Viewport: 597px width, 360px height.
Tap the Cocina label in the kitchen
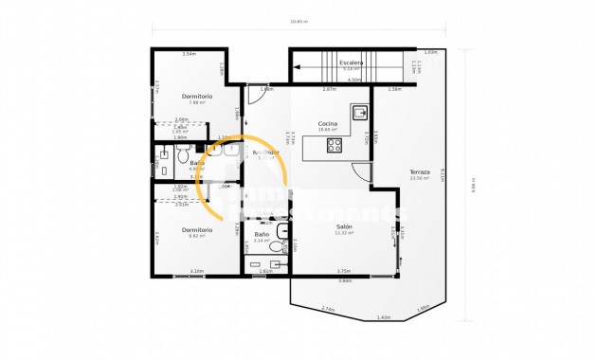coord(329,123)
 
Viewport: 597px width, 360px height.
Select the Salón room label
coord(345,226)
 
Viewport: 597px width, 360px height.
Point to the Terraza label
coord(420,172)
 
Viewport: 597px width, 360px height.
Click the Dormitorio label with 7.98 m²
coord(197,97)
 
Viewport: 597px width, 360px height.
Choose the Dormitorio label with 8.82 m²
coord(197,229)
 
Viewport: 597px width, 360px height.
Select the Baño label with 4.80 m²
coord(197,163)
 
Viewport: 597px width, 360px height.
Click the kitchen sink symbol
coord(360,114)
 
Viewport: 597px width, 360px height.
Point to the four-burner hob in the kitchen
coord(335,145)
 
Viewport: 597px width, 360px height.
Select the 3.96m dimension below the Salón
coord(344,280)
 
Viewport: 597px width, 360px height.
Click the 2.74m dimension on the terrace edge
coord(328,309)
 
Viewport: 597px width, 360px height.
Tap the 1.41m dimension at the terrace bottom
coord(383,317)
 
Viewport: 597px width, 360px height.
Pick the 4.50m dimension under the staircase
coord(353,80)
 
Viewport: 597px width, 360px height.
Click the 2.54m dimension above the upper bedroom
coord(188,54)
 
